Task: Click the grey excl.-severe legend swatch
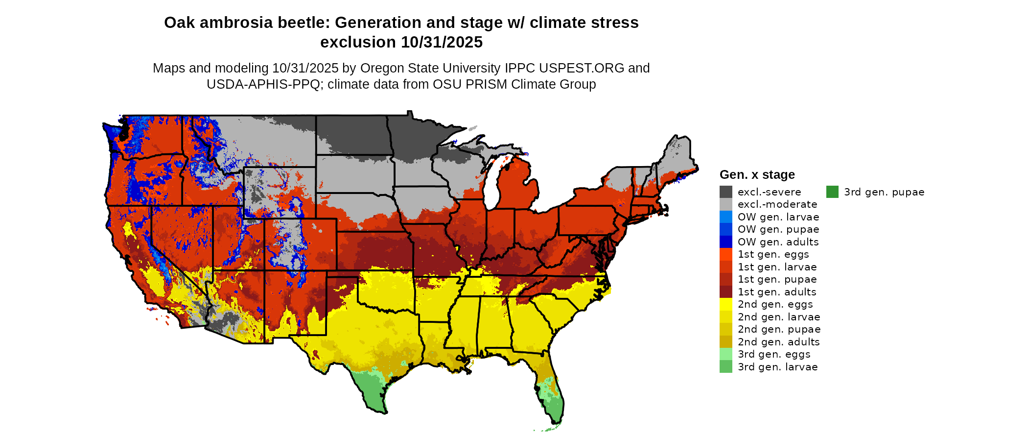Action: (726, 192)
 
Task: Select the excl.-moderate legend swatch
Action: (726, 204)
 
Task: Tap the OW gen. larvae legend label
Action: (778, 217)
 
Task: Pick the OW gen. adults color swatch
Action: (726, 242)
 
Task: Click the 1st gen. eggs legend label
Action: (773, 254)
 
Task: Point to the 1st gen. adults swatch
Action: (726, 292)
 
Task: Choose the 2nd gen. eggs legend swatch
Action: (726, 304)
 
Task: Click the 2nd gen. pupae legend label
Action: (779, 329)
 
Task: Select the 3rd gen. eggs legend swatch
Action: (726, 354)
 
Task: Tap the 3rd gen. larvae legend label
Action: (777, 367)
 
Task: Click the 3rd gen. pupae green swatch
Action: (832, 192)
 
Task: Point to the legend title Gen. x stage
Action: (757, 175)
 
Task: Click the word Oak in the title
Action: (177, 23)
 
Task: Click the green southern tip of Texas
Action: (372, 394)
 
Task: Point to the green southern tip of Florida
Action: (553, 407)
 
